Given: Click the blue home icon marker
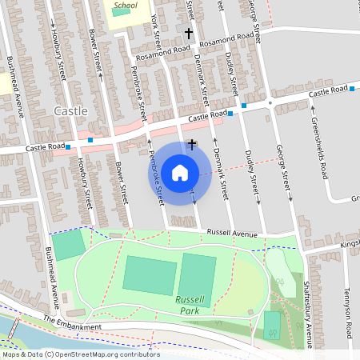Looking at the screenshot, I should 180,172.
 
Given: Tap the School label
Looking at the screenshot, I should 126,6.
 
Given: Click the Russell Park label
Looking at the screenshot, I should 191,305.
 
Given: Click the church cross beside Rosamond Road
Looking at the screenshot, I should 189,34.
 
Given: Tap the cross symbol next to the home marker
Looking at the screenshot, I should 191,144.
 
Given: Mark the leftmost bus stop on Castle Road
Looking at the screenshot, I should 69,146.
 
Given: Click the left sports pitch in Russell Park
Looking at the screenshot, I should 150,274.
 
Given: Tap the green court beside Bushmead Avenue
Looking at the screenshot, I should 68,244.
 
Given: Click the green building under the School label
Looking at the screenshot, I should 117,13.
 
